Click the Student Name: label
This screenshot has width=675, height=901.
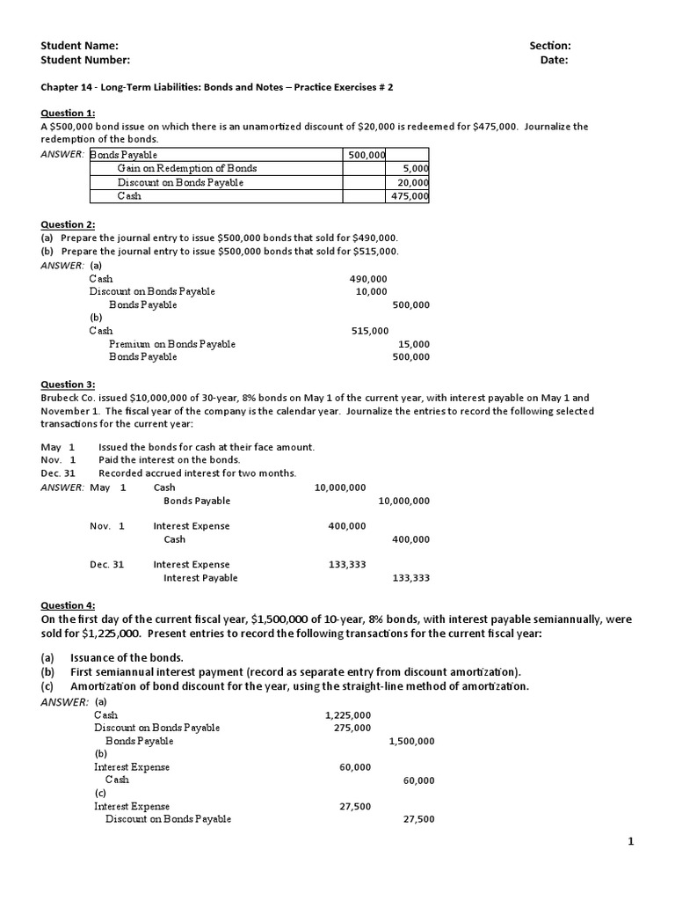pos(79,46)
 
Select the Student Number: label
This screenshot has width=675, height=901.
pos(85,60)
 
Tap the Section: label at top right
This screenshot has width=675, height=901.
pos(549,46)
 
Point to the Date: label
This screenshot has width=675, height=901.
pos(554,60)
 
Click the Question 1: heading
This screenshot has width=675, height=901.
pos(68,113)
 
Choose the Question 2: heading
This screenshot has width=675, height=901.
pos(68,224)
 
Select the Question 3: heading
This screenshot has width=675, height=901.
pos(68,385)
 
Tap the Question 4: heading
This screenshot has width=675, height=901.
pos(68,605)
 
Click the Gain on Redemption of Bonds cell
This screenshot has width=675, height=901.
pos(187,168)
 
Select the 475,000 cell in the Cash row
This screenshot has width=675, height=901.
pos(410,196)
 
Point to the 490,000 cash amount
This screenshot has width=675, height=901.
pos(368,279)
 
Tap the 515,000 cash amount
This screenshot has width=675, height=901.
pos(369,331)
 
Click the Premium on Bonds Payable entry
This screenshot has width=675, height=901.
pos(172,344)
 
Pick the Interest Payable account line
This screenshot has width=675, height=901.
pos(200,578)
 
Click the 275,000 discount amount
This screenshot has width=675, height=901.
pos(352,728)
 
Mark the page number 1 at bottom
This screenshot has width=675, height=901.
pos(630,842)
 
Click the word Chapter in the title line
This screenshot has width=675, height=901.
pos(60,87)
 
